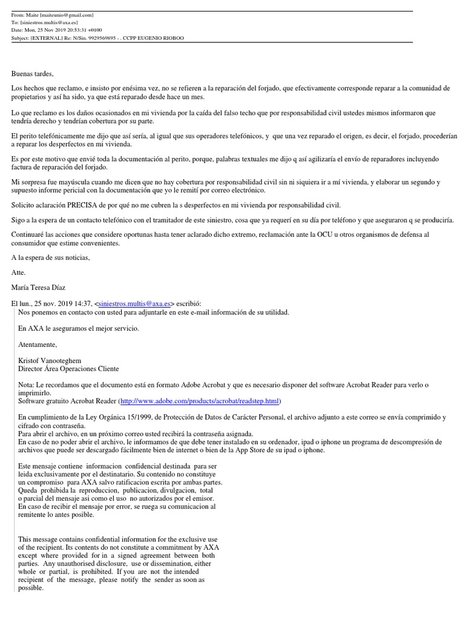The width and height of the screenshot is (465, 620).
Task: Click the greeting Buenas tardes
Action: pyautogui.click(x=33, y=74)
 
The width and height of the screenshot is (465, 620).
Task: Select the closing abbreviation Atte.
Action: pyautogui.click(x=19, y=272)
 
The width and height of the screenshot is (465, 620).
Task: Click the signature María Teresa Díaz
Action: pyautogui.click(x=38, y=288)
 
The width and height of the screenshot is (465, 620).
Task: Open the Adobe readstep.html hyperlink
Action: pyautogui.click(x=200, y=401)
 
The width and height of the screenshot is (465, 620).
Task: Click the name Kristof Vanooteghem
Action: pyautogui.click(x=50, y=360)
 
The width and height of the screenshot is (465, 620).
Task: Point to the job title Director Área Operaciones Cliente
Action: pyautogui.click(x=68, y=369)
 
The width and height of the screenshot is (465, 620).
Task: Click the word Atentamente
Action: pyautogui.click(x=38, y=345)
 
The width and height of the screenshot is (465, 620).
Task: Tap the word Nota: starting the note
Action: pyautogui.click(x=27, y=385)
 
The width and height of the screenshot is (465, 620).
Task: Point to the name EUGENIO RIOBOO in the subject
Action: pyautogui.click(x=159, y=38)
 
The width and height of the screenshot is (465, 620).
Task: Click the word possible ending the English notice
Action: pyautogui.click(x=31, y=588)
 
